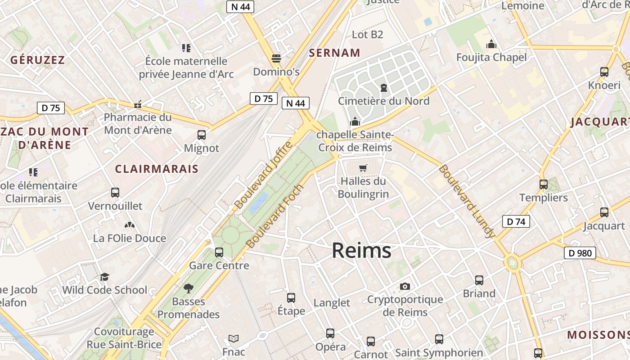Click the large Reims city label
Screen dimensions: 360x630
361,251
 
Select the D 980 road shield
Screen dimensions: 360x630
580,253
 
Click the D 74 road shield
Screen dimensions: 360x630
516,221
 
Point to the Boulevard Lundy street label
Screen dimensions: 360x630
467,201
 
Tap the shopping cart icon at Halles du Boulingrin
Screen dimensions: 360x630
363,168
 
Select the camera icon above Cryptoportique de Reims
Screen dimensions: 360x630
405,286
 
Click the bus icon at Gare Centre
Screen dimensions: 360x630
219,252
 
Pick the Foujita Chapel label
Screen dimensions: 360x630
491,57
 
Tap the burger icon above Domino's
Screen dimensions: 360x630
276,58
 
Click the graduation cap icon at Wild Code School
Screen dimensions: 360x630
104,277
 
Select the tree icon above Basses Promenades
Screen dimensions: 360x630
189,288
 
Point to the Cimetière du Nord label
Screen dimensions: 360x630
383,101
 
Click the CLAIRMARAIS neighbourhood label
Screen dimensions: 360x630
157,169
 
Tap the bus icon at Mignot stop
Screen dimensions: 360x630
202,135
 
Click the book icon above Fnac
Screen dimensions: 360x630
234,338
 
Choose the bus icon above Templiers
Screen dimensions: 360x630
543,184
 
